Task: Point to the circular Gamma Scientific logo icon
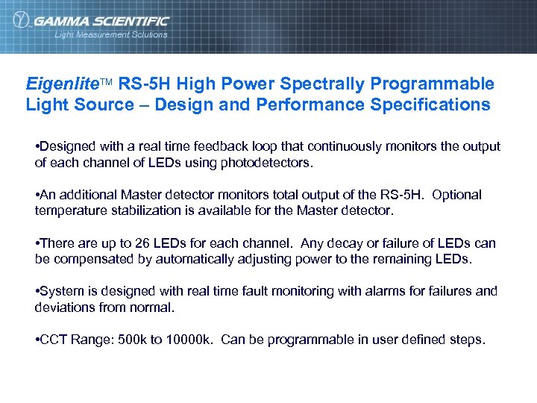pos(22,20)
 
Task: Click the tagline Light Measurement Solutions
pos(111,34)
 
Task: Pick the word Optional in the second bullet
pos(456,195)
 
